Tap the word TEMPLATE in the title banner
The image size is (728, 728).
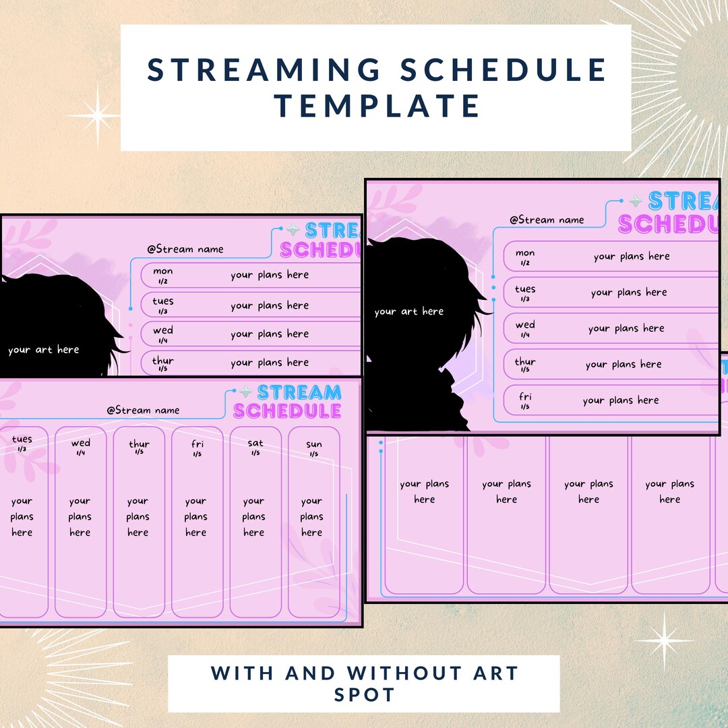point(377,106)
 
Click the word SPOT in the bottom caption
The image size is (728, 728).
point(364,694)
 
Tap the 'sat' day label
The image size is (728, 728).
point(255,444)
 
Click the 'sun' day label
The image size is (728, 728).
point(314,444)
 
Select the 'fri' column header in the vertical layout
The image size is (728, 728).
point(197,444)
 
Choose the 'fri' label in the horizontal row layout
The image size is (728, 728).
point(525,397)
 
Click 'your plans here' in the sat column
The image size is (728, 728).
point(254,517)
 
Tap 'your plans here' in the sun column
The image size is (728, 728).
point(312,517)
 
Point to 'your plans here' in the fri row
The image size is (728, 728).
point(621,400)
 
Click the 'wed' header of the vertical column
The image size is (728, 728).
point(80,443)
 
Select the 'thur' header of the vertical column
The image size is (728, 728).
point(139,444)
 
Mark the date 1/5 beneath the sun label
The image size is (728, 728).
point(314,454)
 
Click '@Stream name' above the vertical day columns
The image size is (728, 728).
point(143,410)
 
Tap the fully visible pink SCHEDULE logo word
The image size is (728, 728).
point(287,411)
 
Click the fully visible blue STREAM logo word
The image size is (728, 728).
point(299,392)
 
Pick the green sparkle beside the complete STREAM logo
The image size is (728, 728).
point(246,392)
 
